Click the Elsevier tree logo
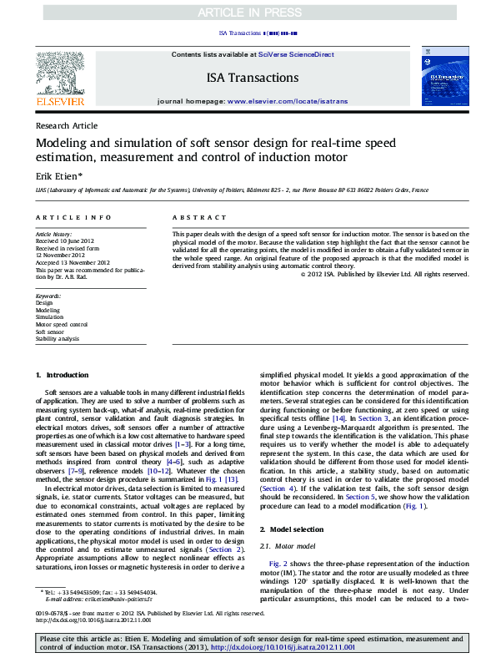[x=60, y=76]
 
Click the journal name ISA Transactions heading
[x=252, y=78]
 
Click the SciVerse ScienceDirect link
[x=295, y=53]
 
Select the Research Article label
[x=67, y=125]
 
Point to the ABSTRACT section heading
[x=192, y=217]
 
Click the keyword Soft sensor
[x=52, y=331]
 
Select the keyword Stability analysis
[x=58, y=339]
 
